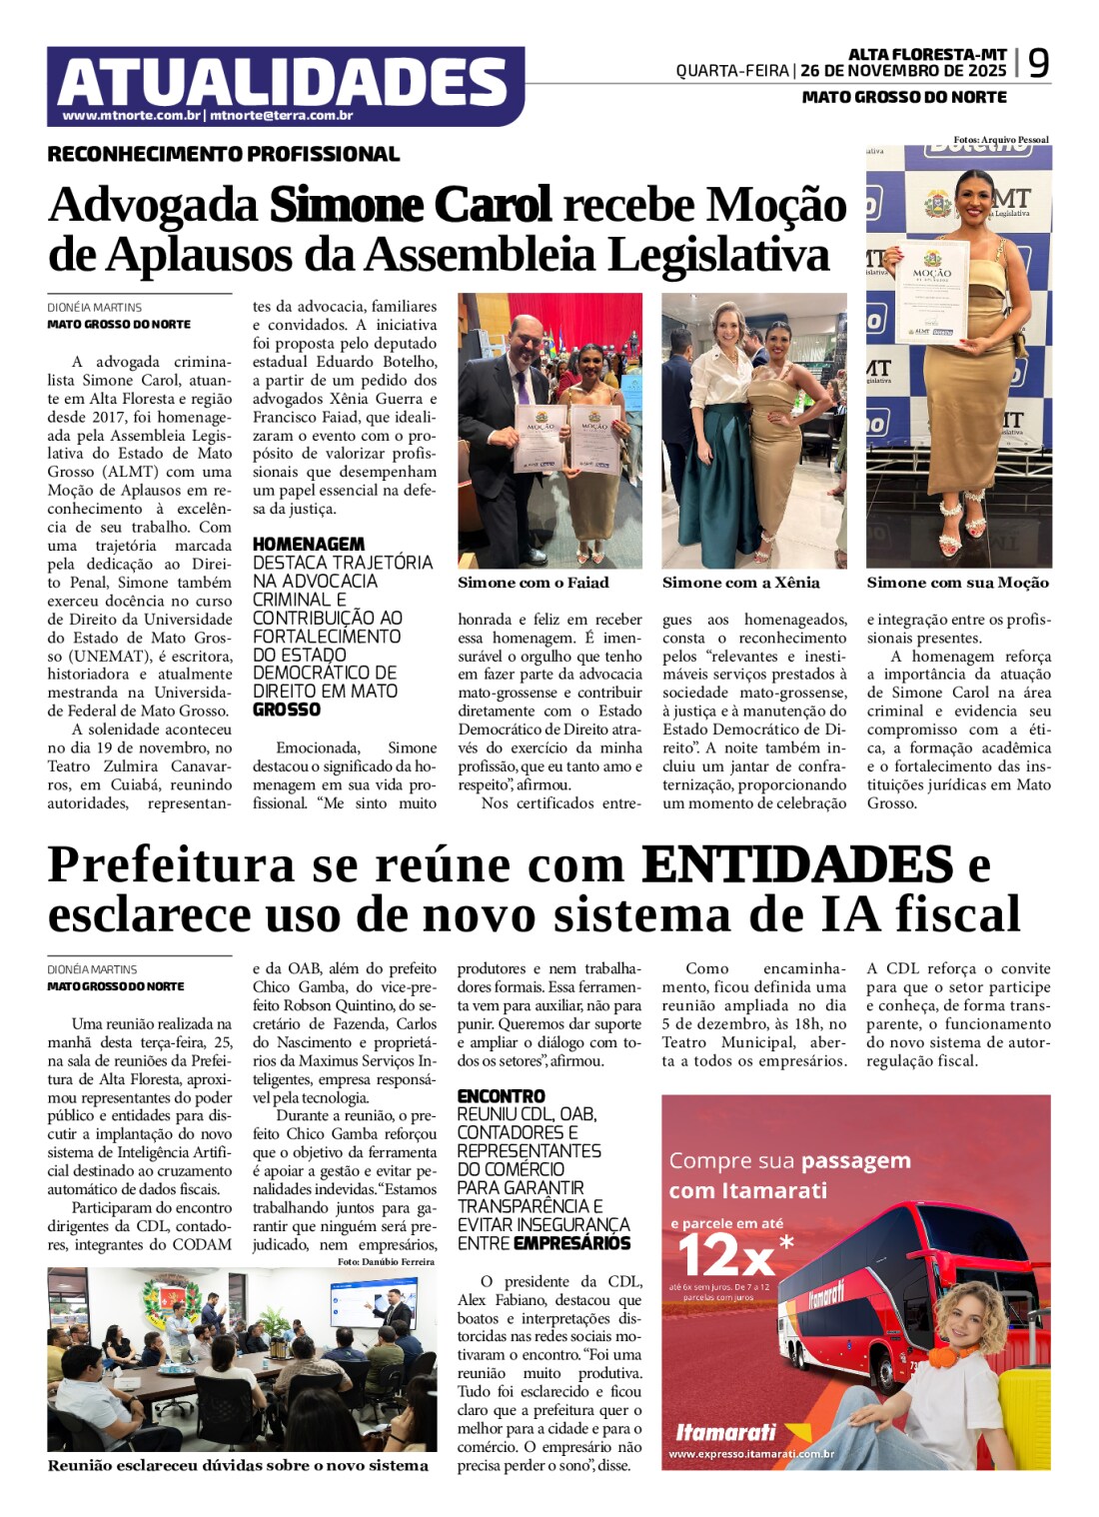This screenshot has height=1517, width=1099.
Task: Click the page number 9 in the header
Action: tap(1038, 64)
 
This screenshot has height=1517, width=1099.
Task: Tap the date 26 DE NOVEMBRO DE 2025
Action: tap(903, 71)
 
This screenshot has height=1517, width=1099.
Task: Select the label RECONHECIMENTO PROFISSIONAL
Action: tap(223, 154)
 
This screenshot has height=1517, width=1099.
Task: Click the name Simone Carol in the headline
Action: tap(410, 205)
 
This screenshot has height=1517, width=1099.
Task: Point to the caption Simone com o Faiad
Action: tap(533, 583)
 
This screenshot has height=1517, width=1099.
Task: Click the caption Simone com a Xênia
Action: tap(740, 583)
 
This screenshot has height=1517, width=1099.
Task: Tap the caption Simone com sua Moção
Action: tap(957, 583)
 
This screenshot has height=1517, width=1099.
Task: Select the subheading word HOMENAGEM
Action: tap(308, 544)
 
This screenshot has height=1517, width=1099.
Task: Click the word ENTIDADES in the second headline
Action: tap(796, 865)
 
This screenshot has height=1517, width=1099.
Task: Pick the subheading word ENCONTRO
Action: tap(501, 1096)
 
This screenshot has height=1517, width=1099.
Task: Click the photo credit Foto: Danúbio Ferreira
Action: tap(386, 1261)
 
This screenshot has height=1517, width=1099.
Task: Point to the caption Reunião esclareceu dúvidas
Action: tap(238, 1466)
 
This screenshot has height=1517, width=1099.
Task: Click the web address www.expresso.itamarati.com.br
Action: tap(751, 1454)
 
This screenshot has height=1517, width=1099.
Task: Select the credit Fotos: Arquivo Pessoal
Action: tap(1000, 140)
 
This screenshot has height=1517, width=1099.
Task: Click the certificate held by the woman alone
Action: tap(931, 291)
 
